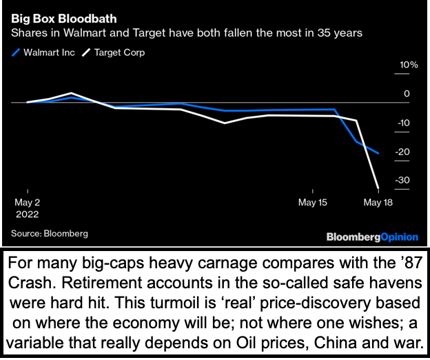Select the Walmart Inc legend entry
pyautogui.click(x=45, y=52)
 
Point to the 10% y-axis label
pyautogui.click(x=400, y=64)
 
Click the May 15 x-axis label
pyautogui.click(x=312, y=202)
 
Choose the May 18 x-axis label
pyautogui.click(x=378, y=202)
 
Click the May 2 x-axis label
pyautogui.click(x=28, y=202)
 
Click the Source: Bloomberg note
pyautogui.click(x=50, y=233)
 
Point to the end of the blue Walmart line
pyautogui.click(x=378, y=153)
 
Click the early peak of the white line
pyautogui.click(x=72, y=92)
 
